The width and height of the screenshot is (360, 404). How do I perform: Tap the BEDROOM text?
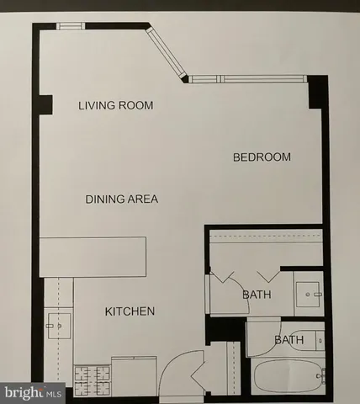pos(262,157)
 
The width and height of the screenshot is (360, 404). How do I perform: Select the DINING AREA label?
pos(122,199)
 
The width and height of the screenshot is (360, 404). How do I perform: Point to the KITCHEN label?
pos(130,312)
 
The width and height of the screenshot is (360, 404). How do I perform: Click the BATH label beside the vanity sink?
pos(256,295)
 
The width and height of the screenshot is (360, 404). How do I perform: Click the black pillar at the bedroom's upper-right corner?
pos(317,92)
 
